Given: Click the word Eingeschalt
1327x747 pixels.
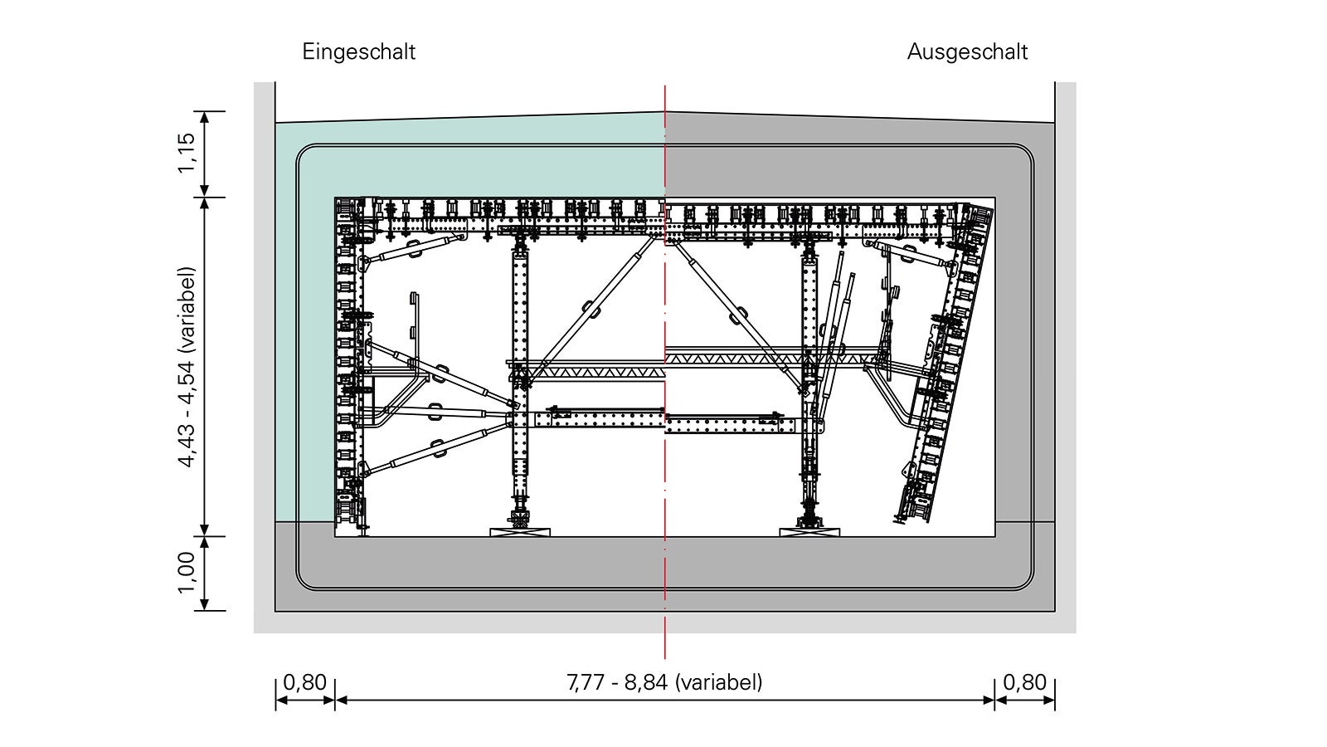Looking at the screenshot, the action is tap(359, 52).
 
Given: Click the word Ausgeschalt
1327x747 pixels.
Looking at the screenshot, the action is tap(967, 52).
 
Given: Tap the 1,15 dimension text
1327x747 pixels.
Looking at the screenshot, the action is tap(187, 153).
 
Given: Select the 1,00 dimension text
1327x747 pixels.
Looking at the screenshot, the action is tap(187, 573).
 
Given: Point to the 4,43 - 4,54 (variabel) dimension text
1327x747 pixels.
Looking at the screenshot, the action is tap(187, 368).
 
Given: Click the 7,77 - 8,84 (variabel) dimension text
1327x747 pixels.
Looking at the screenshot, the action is tap(664, 682).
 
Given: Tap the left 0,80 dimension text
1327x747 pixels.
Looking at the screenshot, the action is tap(304, 682).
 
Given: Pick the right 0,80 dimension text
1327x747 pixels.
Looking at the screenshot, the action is tap(1024, 682).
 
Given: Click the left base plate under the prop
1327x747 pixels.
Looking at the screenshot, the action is tap(520, 532).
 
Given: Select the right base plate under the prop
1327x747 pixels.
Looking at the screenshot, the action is tap(809, 532).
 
